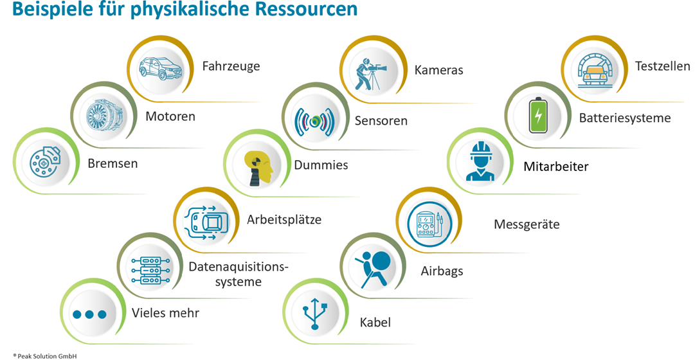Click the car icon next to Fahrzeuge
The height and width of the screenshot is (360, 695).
(161, 67)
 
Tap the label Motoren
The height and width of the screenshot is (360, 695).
(170, 117)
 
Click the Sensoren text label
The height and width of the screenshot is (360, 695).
(381, 121)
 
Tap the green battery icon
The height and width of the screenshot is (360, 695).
(537, 116)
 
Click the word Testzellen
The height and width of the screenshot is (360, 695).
(662, 66)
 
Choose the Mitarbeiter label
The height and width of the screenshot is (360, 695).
(556, 167)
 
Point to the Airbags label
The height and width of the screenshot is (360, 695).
(442, 271)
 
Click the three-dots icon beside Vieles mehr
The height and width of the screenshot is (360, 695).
(89, 314)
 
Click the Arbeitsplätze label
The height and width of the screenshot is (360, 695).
(284, 220)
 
